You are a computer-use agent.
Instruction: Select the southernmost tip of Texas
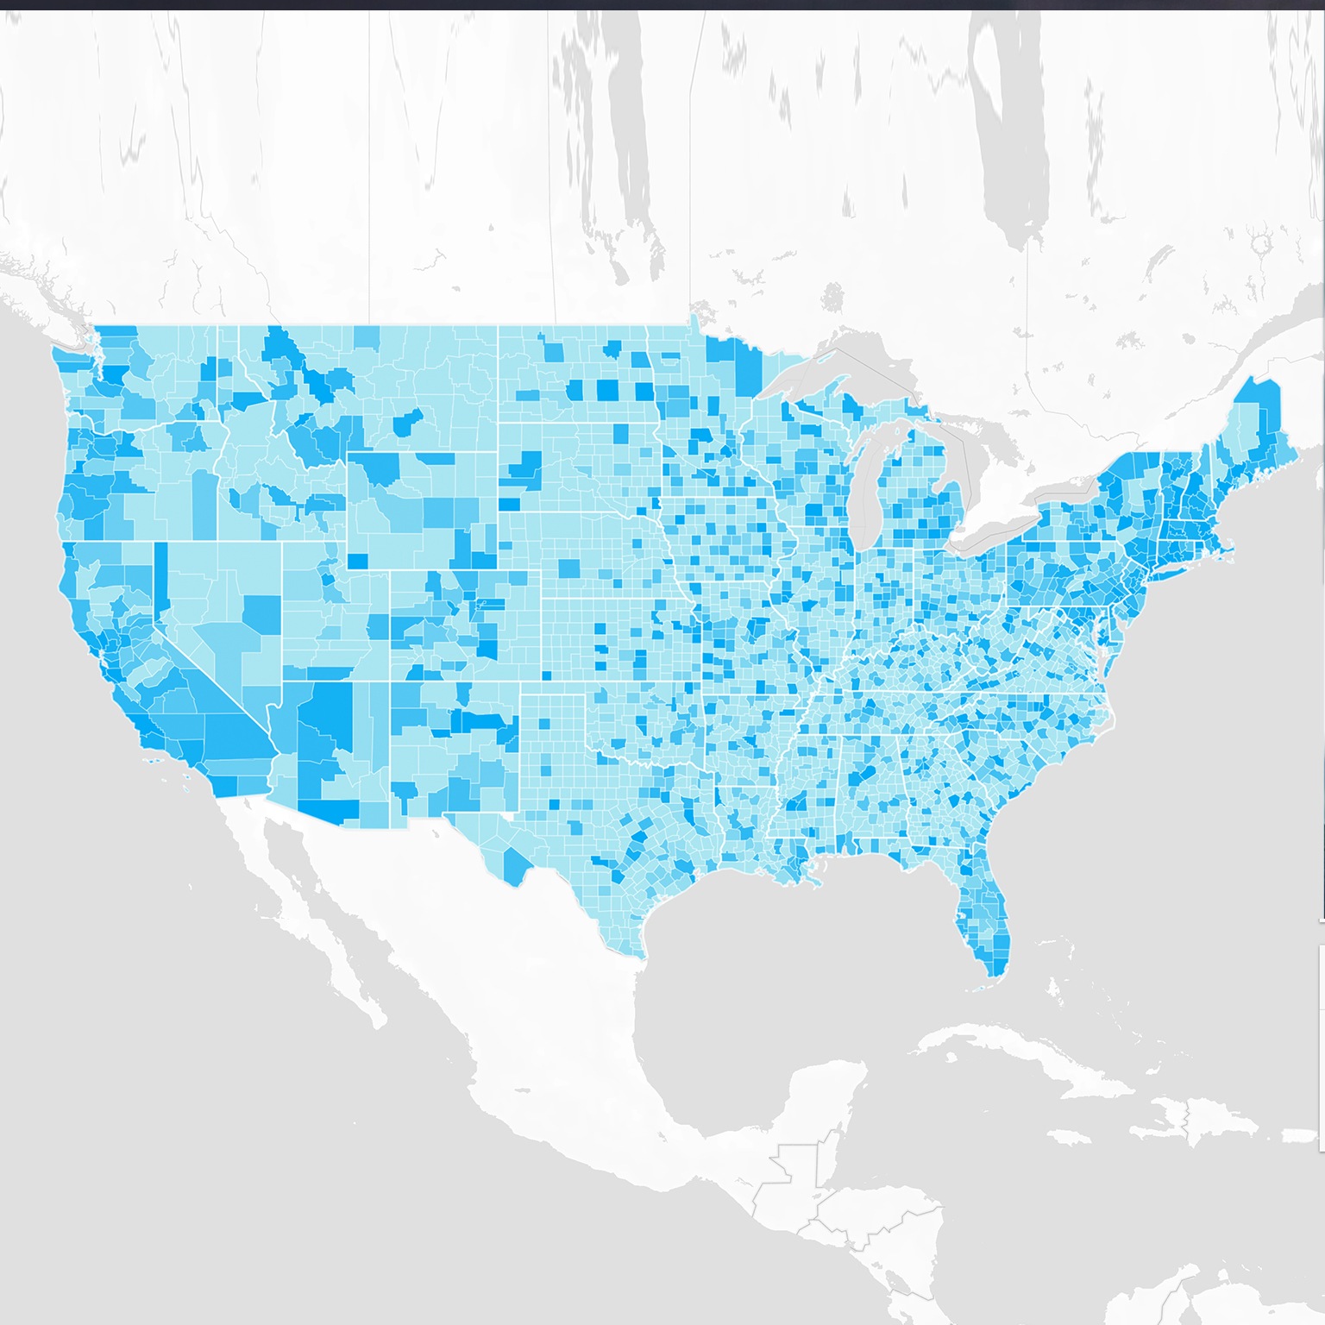[640, 953]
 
